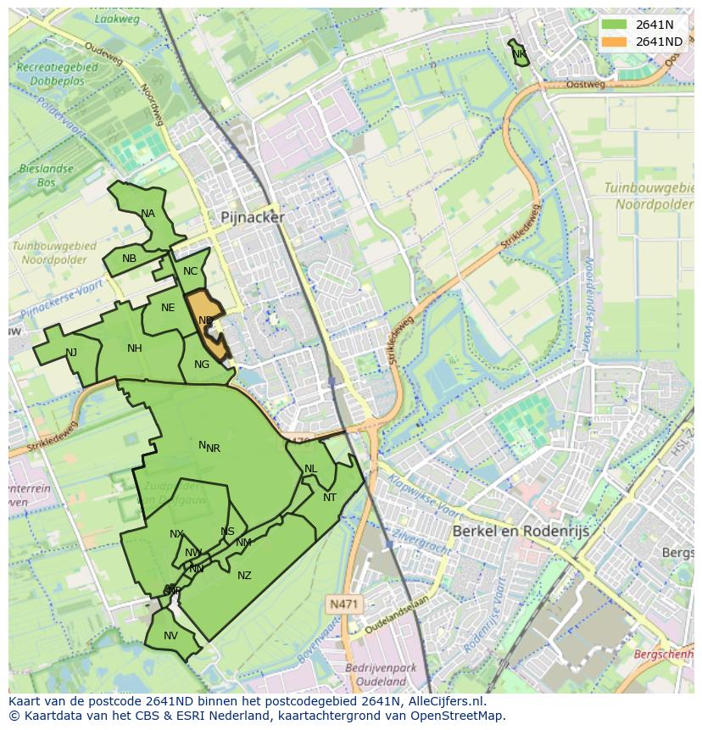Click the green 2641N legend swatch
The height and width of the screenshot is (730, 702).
coord(614,25)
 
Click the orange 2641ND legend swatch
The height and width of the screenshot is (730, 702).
coord(614,42)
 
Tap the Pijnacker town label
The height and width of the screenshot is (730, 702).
coord(253,217)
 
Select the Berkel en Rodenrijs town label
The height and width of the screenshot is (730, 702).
coord(521,531)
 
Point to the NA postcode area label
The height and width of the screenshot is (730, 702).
coord(148,214)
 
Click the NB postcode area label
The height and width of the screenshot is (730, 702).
coord(129,259)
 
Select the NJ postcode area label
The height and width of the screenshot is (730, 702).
coord(71,353)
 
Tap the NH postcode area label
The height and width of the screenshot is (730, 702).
coord(135,348)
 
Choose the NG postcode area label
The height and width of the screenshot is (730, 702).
coord(202,365)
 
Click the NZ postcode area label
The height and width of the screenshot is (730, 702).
coord(244,576)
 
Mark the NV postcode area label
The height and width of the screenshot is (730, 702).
coord(170,636)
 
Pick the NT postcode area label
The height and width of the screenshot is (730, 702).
coord(330,498)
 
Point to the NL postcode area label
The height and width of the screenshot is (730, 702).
coord(311,469)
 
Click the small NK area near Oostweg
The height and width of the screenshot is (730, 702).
coord(519,54)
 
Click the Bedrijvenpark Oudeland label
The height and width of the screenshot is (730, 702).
coord(381,675)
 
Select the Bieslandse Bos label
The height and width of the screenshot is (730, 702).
coord(46,176)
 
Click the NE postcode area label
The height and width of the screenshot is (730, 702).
coord(168,308)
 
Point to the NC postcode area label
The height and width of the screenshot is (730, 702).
coord(190,271)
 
